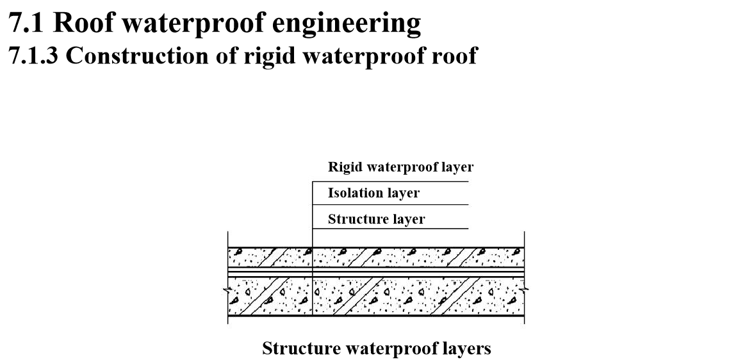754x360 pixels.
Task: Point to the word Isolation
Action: click(356, 193)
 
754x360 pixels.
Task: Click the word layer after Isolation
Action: click(404, 193)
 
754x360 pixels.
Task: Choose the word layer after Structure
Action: click(409, 219)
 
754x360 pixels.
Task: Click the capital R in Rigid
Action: click(333, 167)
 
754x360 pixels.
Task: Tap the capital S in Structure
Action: click(332, 219)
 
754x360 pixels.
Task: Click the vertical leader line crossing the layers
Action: click(312, 256)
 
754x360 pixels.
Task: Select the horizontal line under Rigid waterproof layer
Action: click(390, 181)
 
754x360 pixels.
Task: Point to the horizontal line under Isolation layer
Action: click(390, 205)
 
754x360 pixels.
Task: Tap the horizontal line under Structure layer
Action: click(390, 228)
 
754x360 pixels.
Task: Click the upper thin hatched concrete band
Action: click(416, 257)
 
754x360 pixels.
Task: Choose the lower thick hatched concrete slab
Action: click(416, 296)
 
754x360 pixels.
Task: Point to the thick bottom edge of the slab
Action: click(416, 315)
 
